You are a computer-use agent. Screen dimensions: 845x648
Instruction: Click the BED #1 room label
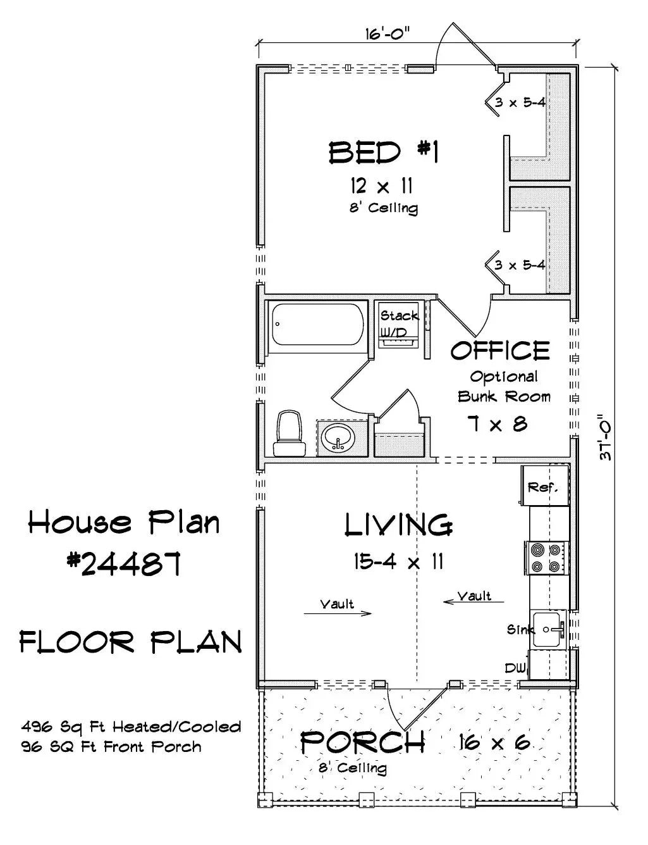[383, 153]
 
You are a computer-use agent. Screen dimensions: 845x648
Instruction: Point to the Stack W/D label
[398, 323]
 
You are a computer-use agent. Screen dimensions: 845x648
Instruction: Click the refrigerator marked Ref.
[542, 487]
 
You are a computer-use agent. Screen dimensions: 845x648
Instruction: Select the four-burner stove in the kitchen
[547, 558]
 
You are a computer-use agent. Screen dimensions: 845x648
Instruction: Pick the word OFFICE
[500, 350]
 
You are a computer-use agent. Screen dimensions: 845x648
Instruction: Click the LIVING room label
[398, 525]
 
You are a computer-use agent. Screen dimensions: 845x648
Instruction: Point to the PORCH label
[362, 742]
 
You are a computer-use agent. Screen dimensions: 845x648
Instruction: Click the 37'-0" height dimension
[605, 437]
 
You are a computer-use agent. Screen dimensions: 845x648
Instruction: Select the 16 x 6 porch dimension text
[495, 742]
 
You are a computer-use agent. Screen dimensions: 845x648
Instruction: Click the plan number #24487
[125, 563]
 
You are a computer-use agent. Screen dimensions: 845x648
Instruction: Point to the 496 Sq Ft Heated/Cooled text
[131, 726]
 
